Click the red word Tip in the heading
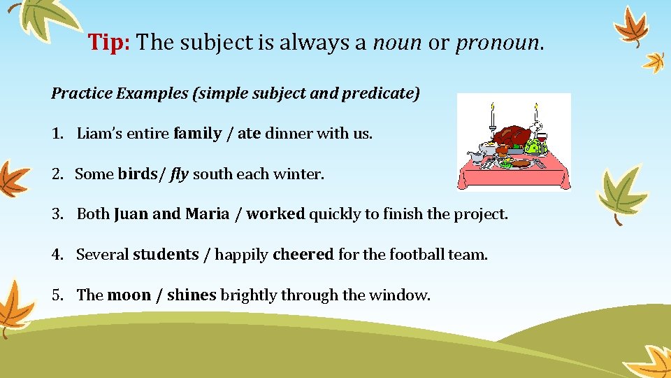pos(108,43)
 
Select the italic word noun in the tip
pos(396,43)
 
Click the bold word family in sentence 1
pos(198,134)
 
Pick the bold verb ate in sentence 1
pos(249,134)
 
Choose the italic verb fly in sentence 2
pos(179,174)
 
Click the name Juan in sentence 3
pos(131,214)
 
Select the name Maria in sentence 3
pos(207,214)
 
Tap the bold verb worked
pos(275,214)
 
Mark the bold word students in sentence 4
pos(166,255)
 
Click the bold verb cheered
pos(303,255)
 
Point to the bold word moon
pos(129,295)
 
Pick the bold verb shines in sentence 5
pos(192,295)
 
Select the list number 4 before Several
pos(56,255)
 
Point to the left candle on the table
pos(492,120)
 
